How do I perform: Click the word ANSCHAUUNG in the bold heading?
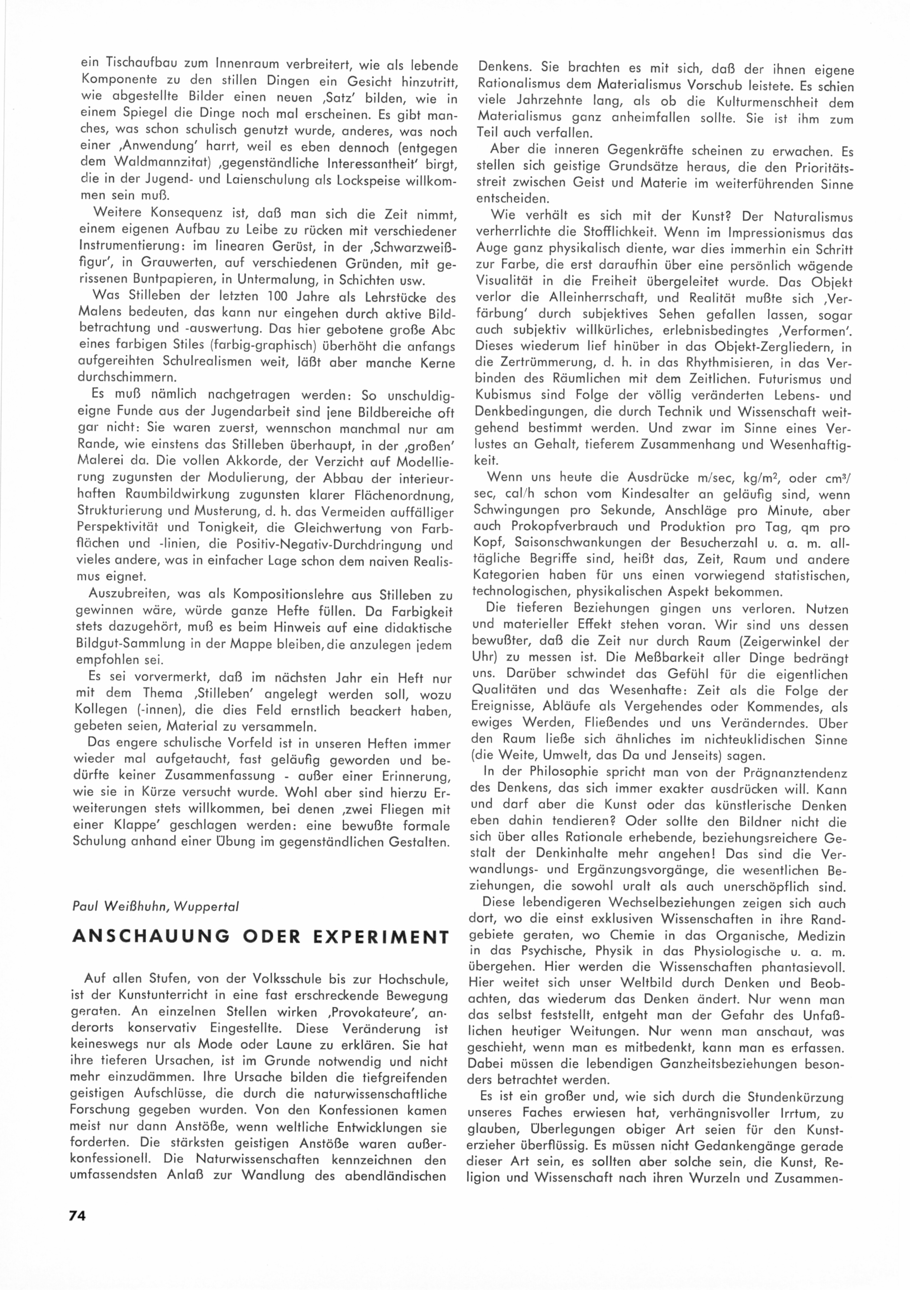tap(152, 937)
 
